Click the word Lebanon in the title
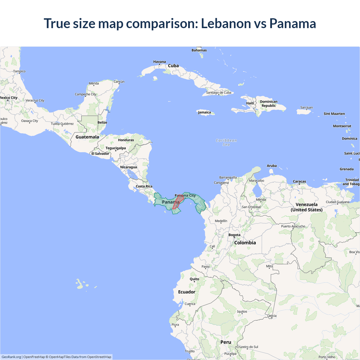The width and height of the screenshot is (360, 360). point(226,23)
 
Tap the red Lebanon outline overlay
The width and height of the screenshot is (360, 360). point(178,201)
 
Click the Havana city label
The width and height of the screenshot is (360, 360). point(159,62)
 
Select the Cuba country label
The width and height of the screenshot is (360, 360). point(173,66)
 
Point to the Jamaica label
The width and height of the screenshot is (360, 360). point(204,112)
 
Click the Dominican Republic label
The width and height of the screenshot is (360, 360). point(269,104)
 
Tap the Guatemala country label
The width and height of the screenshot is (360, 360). point(87,137)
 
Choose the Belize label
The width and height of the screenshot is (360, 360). point(102,123)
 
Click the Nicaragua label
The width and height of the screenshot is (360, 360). point(129,167)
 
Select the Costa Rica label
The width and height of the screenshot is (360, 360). point(144,186)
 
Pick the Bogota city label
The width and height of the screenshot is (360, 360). point(234,235)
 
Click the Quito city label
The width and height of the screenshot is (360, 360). point(194,279)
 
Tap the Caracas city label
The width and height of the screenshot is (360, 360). point(299,182)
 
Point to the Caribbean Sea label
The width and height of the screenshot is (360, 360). point(226,143)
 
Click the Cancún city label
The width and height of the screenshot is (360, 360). point(119,82)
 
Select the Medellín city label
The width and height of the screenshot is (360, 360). point(221,221)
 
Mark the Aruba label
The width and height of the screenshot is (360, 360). point(272,166)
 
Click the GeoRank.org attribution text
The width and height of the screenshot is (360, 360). point(11,357)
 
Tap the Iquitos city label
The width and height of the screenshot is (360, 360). point(242,312)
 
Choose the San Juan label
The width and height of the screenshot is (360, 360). point(307,108)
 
